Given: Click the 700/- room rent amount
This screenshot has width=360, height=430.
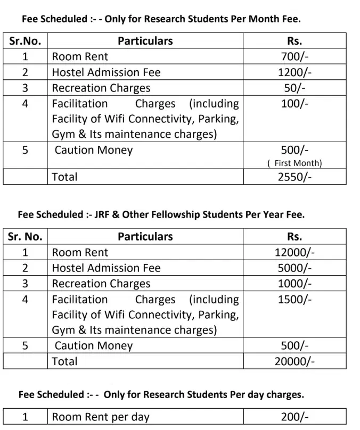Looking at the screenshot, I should coord(294,57).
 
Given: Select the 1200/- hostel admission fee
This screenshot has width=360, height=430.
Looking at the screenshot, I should coord(294,72).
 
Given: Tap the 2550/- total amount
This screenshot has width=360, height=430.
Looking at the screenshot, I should coord(294,177).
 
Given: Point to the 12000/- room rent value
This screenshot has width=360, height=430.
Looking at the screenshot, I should coord(294,253).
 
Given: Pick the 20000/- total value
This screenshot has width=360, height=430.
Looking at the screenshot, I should coord(294,361).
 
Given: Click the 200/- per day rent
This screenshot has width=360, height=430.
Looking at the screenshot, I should coord(294,417).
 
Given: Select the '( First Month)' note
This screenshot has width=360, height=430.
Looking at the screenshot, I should coord(294,164).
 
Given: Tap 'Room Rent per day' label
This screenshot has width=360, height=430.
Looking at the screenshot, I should coord(101,417).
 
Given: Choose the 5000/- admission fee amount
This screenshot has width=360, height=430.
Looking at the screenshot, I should coord(294,268).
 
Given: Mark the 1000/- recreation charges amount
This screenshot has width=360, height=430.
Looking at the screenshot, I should coord(294,284).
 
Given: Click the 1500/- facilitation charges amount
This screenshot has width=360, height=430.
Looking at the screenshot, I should coord(294,300).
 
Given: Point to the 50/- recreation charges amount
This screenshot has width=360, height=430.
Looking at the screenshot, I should coord(294,88).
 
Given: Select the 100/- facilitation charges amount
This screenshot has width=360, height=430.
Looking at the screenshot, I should coord(294,104).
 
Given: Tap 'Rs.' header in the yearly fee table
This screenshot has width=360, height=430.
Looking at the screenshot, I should coord(294,237).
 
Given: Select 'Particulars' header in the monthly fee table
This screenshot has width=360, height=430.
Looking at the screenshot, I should coord(145,41).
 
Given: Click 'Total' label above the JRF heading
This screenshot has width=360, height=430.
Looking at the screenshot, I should coord(64,177).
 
